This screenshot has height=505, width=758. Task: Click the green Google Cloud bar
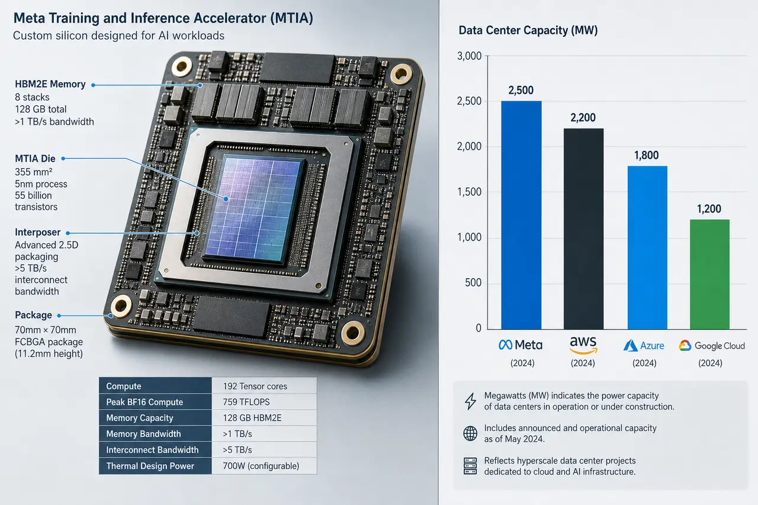tap(709, 274)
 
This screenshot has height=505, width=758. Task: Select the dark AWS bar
tap(583, 229)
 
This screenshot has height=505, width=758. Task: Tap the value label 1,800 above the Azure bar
tap(646, 155)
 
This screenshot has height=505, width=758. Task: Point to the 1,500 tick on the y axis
tap(469, 192)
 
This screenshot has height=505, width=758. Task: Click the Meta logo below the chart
tap(520, 345)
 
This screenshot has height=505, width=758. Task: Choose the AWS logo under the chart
tap(583, 345)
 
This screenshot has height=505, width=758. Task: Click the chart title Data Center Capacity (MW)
tap(528, 30)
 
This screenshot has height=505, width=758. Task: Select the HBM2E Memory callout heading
tap(50, 84)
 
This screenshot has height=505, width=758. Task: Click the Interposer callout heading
tap(37, 233)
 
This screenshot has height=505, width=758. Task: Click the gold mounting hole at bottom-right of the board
tap(352, 333)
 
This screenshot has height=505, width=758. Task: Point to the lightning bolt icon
tap(470, 401)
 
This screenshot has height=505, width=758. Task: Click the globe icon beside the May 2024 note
tap(470, 433)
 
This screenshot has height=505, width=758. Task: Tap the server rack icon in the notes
tap(470, 466)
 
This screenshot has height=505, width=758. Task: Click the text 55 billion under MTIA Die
tap(33, 195)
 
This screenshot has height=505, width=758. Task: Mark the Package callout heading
tap(34, 315)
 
